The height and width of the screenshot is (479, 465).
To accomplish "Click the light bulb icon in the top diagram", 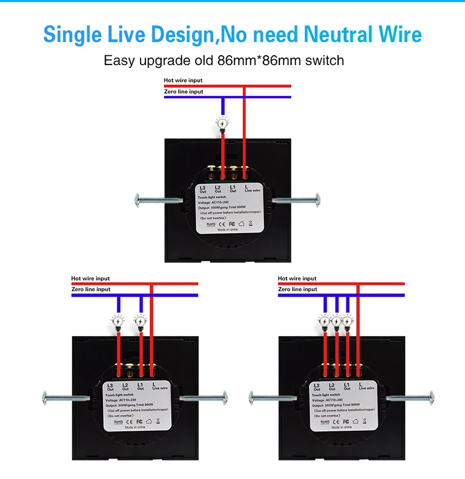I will point(223,123).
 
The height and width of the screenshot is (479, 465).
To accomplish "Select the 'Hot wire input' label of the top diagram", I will point(183,80).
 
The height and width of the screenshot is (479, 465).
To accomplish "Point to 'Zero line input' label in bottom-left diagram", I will point(91,289).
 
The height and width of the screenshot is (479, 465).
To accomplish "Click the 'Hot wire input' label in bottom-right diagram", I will point(297,278).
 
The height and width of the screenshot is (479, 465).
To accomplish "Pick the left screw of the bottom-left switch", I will point(65,398).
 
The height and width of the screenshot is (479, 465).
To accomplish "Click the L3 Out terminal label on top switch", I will point(203,189).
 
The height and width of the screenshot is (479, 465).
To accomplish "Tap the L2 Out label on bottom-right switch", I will point(332,387).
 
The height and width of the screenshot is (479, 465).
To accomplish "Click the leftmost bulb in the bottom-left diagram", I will point(118,320).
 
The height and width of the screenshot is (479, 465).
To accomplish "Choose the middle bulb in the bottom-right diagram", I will point(337,320).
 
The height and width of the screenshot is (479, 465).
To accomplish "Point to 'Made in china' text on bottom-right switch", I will point(340,427).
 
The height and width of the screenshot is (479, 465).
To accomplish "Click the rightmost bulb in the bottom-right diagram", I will point(348,320).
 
